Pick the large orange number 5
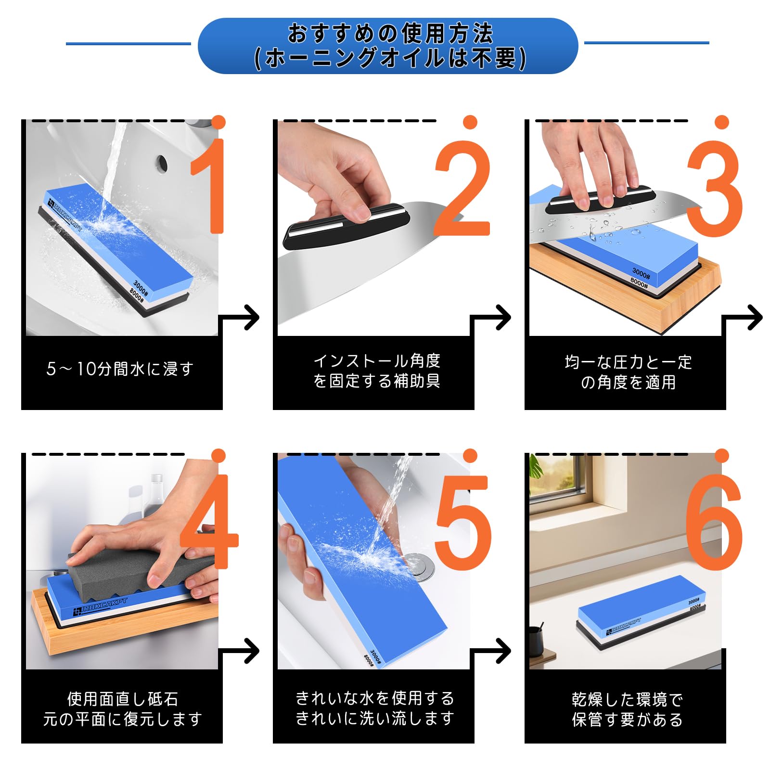[463, 522]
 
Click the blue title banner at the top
[388, 46]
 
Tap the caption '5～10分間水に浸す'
[120, 369]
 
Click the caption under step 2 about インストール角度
[377, 371]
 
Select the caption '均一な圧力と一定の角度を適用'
[628, 372]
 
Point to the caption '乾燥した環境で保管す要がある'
[627, 709]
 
